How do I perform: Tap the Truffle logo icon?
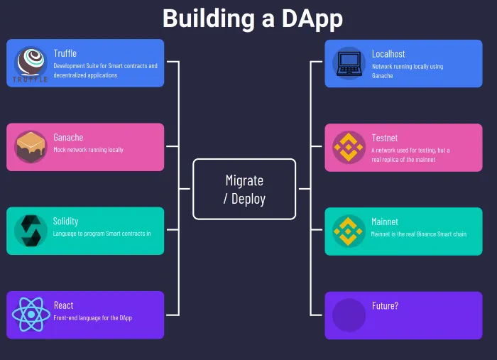[31, 62]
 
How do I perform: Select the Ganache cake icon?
[31, 146]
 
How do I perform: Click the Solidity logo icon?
[31, 230]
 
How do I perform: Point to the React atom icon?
[31, 314]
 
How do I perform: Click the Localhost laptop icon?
[349, 62]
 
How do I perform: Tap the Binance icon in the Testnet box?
[349, 146]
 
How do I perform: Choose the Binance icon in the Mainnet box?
[349, 230]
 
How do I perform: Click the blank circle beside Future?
[349, 314]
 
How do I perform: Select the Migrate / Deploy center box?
[244, 189]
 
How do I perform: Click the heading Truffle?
[65, 53]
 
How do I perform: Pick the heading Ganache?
[68, 137]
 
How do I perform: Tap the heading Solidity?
[65, 221]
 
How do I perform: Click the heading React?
[63, 305]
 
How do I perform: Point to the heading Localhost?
[388, 53]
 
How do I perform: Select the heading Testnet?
[385, 137]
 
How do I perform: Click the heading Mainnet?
[385, 221]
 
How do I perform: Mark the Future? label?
[385, 305]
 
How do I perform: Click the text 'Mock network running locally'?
[88, 150]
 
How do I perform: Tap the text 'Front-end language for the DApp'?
[92, 317]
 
